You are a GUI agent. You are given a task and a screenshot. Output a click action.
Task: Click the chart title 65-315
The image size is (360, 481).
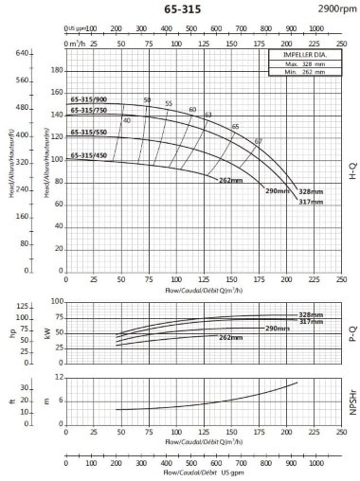[180, 9]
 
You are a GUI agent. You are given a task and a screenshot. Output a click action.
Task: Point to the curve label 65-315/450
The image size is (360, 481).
[88, 154]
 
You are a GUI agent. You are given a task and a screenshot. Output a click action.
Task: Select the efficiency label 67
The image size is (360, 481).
[258, 141]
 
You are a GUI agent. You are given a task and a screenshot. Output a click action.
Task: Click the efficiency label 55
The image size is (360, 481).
[169, 103]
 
